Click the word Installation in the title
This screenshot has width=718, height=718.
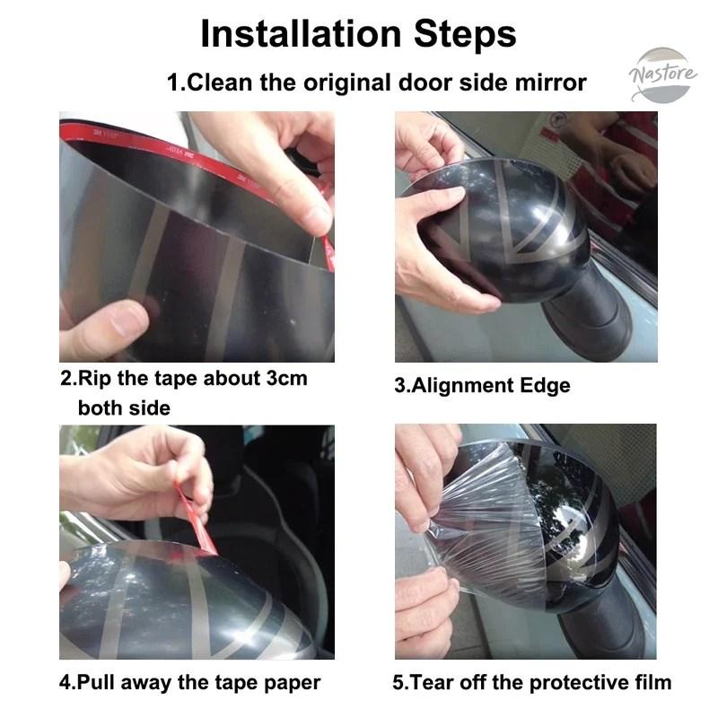coord(301,34)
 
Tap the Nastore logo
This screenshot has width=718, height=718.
coord(662,74)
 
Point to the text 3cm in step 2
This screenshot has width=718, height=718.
coord(287,379)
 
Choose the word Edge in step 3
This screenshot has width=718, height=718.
coord(546,386)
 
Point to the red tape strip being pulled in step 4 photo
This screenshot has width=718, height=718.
coord(196,519)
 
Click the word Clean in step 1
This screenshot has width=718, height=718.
coord(218,83)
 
